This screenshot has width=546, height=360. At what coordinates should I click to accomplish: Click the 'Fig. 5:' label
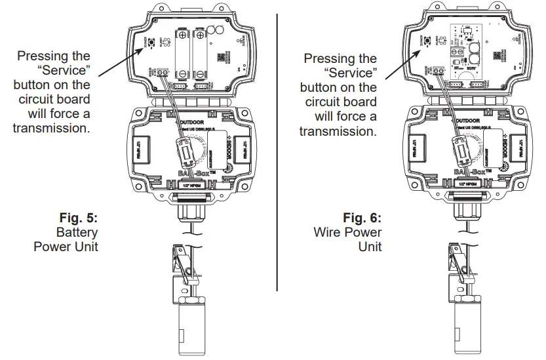point(77,218)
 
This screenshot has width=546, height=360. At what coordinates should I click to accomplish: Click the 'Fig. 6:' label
point(362,218)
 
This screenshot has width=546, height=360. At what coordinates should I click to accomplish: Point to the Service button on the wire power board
point(427,43)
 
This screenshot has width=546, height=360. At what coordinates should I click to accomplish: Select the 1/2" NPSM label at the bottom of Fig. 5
point(192,185)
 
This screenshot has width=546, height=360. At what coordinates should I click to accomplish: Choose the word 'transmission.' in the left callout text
point(51,129)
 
